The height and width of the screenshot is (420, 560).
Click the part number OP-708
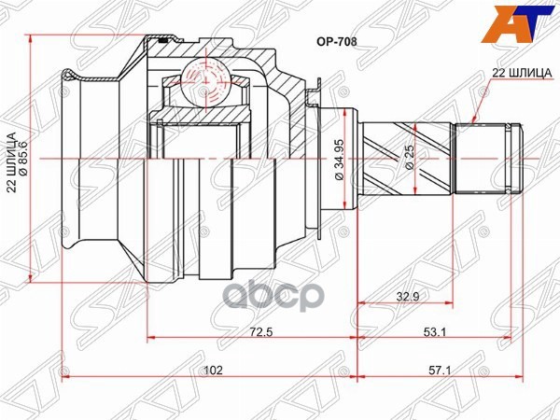click(339, 41)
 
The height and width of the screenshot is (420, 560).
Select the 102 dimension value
click(213, 371)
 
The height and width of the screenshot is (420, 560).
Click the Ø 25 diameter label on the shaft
click(409, 158)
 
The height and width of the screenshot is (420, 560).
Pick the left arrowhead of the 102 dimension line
click(64, 379)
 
